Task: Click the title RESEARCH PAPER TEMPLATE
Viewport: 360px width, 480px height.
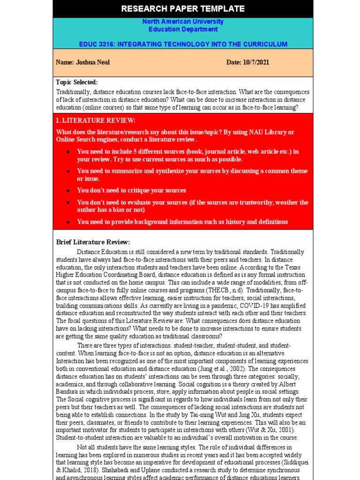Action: click(183, 8)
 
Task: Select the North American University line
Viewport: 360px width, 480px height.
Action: click(183, 22)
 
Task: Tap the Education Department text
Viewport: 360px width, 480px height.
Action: click(183, 29)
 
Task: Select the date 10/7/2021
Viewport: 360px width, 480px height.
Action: click(256, 62)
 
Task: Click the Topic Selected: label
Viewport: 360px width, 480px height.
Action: click(77, 82)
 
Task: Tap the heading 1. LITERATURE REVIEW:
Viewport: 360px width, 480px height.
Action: click(89, 121)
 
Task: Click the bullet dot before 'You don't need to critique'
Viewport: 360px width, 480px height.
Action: click(68, 191)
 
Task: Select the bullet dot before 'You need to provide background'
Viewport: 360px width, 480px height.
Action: click(68, 222)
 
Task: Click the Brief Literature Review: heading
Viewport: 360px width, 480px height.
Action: click(93, 242)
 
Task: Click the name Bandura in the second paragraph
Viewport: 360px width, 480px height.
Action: click(67, 392)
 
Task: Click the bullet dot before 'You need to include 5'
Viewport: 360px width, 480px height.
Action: click(68, 152)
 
